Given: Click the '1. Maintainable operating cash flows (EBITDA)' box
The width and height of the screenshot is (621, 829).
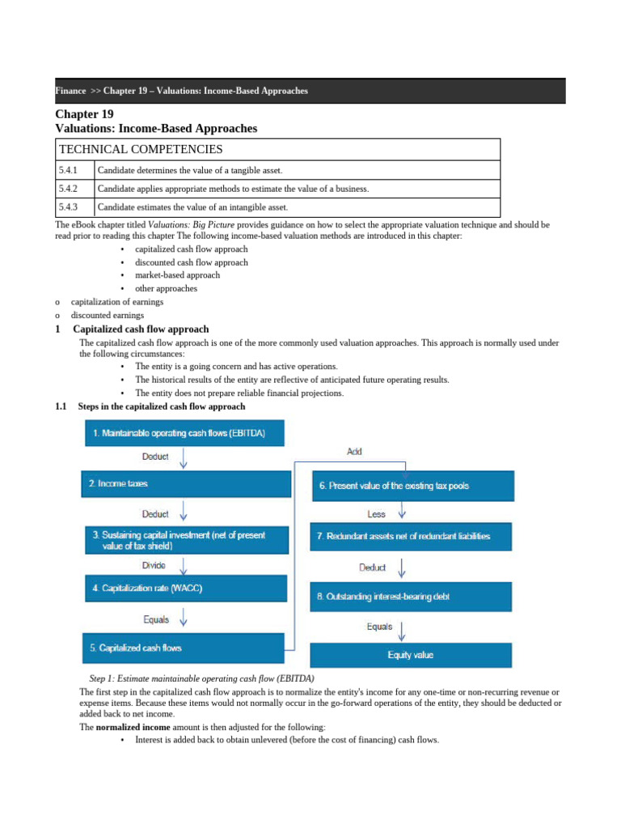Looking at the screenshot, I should [x=186, y=434].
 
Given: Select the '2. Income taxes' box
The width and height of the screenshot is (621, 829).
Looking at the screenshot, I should [x=185, y=484].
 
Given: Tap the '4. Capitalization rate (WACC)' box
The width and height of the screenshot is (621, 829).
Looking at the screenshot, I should [x=185, y=589].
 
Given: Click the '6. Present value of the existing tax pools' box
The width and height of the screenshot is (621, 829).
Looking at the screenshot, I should [x=412, y=486].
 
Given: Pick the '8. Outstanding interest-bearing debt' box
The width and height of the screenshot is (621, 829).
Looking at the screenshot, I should [x=412, y=597].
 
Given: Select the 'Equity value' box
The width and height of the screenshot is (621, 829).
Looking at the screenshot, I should [x=412, y=654].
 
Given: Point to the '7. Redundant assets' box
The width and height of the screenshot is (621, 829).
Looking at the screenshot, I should [x=412, y=537].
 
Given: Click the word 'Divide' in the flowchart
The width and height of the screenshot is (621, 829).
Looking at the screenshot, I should [x=155, y=565].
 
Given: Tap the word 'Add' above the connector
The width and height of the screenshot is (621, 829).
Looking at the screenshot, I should [x=354, y=451].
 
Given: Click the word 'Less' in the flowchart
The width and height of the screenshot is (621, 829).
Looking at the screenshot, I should [x=377, y=514].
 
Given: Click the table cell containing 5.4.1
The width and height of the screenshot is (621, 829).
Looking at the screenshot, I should [x=74, y=170].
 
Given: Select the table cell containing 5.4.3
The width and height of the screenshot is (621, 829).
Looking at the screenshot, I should [x=74, y=208].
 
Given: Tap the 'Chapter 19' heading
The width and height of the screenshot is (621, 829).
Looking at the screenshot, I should [x=84, y=114].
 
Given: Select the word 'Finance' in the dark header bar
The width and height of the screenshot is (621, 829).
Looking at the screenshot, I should [x=70, y=91].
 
